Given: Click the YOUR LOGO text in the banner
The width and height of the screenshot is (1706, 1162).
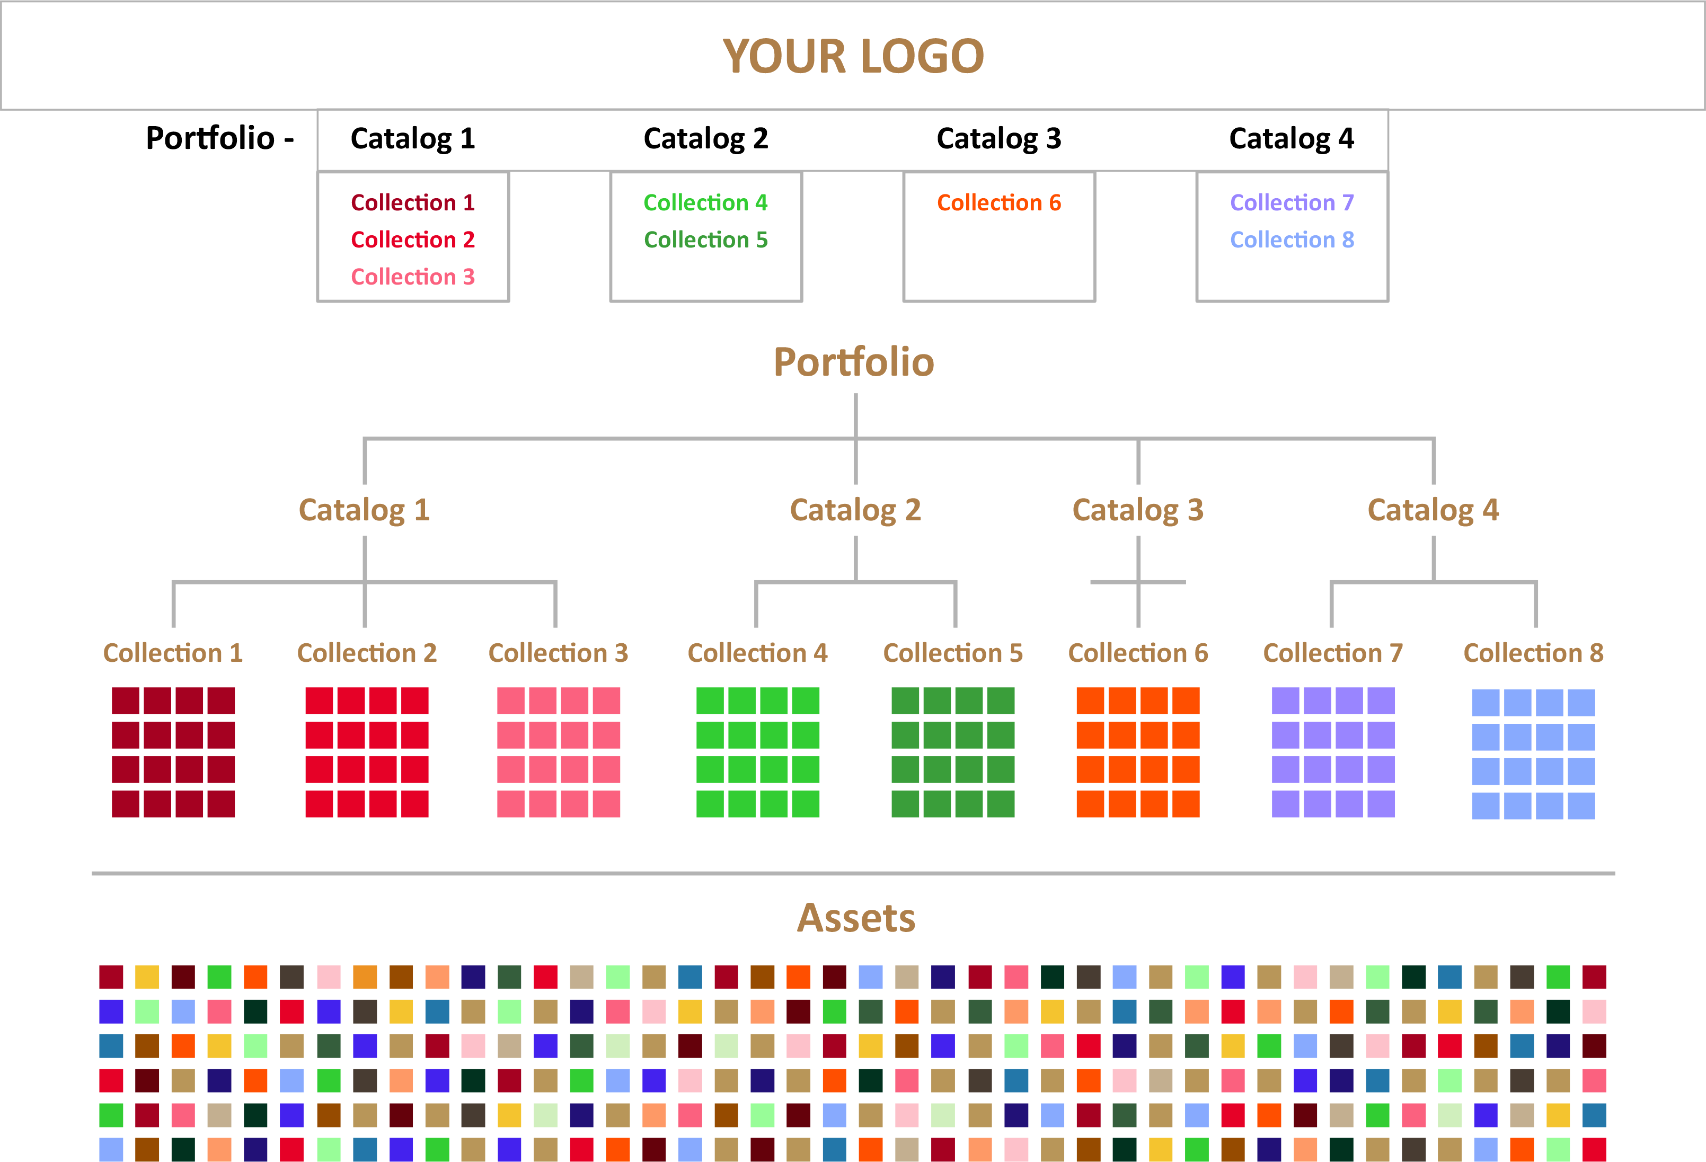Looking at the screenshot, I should pyautogui.click(x=853, y=57).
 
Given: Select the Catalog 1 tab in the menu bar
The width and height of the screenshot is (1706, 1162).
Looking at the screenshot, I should pyautogui.click(x=412, y=139).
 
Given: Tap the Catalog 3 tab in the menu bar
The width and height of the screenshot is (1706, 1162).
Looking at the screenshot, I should pyautogui.click(x=998, y=139).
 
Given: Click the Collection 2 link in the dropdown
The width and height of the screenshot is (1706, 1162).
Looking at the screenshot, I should pyautogui.click(x=412, y=240).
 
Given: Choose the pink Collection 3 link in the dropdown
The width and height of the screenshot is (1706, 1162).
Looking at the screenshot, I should pyautogui.click(x=412, y=277).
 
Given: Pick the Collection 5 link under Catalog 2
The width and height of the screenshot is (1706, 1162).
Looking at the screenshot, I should pyautogui.click(x=705, y=240).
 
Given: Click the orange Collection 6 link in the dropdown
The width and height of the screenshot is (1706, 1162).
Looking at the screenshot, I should pyautogui.click(x=998, y=202).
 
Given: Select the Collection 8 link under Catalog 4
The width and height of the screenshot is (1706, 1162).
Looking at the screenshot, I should pyautogui.click(x=1292, y=240).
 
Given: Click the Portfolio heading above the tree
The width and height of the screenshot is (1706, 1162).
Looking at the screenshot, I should pyautogui.click(x=854, y=362).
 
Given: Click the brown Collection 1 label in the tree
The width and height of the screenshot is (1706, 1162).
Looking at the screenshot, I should pyautogui.click(x=173, y=653).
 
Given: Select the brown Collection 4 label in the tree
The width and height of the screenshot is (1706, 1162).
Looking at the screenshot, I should pyautogui.click(x=757, y=653).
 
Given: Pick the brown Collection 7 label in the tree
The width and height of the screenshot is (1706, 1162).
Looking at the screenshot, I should pyautogui.click(x=1333, y=653).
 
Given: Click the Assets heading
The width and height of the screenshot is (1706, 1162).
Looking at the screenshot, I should pyautogui.click(x=856, y=918).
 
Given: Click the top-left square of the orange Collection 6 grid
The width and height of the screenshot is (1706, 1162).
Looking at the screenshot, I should pyautogui.click(x=1090, y=701).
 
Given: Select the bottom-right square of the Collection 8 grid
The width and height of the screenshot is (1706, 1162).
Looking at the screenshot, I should pyautogui.click(x=1581, y=806).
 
